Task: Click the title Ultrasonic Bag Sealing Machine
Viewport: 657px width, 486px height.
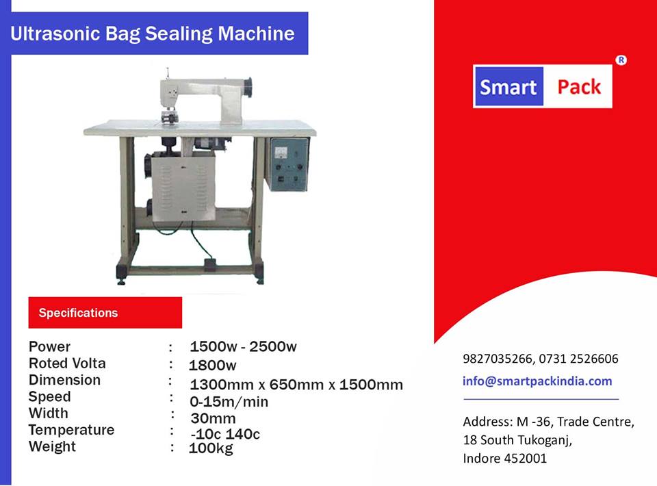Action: click(x=153, y=34)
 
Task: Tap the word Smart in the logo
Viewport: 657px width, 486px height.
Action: click(x=508, y=87)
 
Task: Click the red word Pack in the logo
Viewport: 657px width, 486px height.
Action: click(x=579, y=87)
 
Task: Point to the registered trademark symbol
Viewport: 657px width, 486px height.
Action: click(x=621, y=60)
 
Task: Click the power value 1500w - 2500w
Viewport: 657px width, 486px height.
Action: click(x=243, y=346)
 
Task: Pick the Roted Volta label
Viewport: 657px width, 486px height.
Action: click(x=67, y=363)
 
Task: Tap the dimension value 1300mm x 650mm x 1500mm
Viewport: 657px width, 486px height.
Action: click(x=296, y=385)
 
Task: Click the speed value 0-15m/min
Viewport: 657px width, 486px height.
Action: click(x=229, y=402)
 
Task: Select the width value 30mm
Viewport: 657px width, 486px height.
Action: click(x=213, y=418)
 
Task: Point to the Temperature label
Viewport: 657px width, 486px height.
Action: click(x=71, y=430)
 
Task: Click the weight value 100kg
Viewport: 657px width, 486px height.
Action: click(x=211, y=448)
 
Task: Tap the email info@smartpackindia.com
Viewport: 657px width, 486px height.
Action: click(x=537, y=381)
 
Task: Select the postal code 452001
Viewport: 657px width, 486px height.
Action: click(x=526, y=458)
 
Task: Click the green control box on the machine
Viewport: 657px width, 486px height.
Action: click(x=288, y=164)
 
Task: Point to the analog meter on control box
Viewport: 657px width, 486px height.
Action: click(x=281, y=152)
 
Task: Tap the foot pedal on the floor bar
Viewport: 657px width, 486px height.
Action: click(x=210, y=264)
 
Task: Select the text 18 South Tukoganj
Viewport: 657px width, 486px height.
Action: click(x=517, y=440)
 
